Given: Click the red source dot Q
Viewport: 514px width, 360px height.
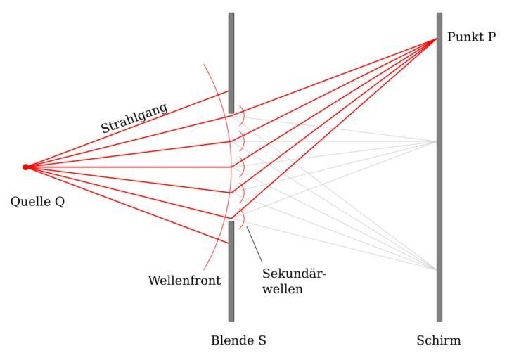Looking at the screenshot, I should (26, 167).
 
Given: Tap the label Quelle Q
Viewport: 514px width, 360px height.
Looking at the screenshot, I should (37, 202).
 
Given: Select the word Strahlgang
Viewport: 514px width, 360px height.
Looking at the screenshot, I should (134, 117).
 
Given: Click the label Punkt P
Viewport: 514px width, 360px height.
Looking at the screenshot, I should (471, 37).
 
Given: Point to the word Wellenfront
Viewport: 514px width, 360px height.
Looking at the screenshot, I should (184, 281).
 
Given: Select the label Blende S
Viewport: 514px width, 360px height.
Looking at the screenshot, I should (238, 341).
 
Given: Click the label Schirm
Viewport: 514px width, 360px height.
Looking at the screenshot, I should (438, 341).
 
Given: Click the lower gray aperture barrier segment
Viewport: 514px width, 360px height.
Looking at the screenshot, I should (231, 271).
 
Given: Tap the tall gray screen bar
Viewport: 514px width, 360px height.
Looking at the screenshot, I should (439, 211).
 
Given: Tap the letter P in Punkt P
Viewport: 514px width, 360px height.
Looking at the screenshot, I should (490, 37).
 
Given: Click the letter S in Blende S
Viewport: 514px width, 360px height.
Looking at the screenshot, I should (262, 341).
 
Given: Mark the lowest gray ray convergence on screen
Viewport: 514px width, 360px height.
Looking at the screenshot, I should (436, 269).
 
